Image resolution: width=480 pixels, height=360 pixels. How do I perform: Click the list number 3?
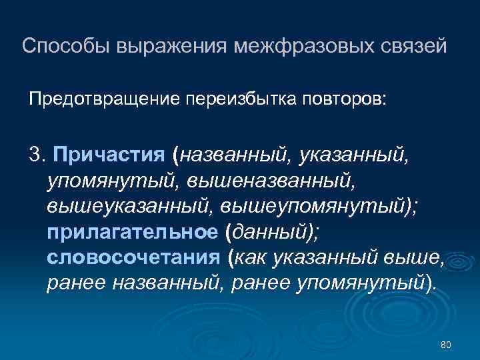click(35, 156)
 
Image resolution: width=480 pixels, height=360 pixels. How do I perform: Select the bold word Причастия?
click(109, 156)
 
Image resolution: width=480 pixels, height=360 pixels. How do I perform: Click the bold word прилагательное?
click(132, 232)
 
